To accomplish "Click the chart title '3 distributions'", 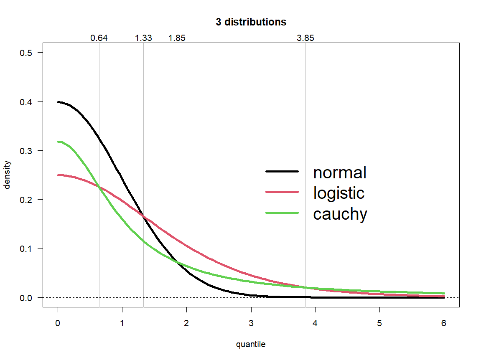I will (x=251, y=22).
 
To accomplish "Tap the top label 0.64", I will (x=99, y=38).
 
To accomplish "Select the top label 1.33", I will (x=143, y=38).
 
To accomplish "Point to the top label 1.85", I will (x=177, y=38).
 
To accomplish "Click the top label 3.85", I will (x=305, y=38).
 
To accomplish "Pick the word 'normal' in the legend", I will (x=340, y=172).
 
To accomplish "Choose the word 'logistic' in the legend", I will (x=338, y=193).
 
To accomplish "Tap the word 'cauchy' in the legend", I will (x=340, y=214).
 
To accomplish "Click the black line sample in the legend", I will (x=282, y=172).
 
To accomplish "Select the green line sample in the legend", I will (x=282, y=213).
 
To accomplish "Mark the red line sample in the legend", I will (x=282, y=192).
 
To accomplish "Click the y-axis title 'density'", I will (x=7, y=175).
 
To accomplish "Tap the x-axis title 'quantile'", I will (x=251, y=345).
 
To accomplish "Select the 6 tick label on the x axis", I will (x=444, y=323).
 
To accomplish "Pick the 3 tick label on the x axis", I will (x=251, y=323).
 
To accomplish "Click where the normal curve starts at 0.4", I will (x=58, y=102).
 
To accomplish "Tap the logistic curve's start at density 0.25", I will (x=58, y=175).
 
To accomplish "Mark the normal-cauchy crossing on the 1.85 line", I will (x=177, y=262).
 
